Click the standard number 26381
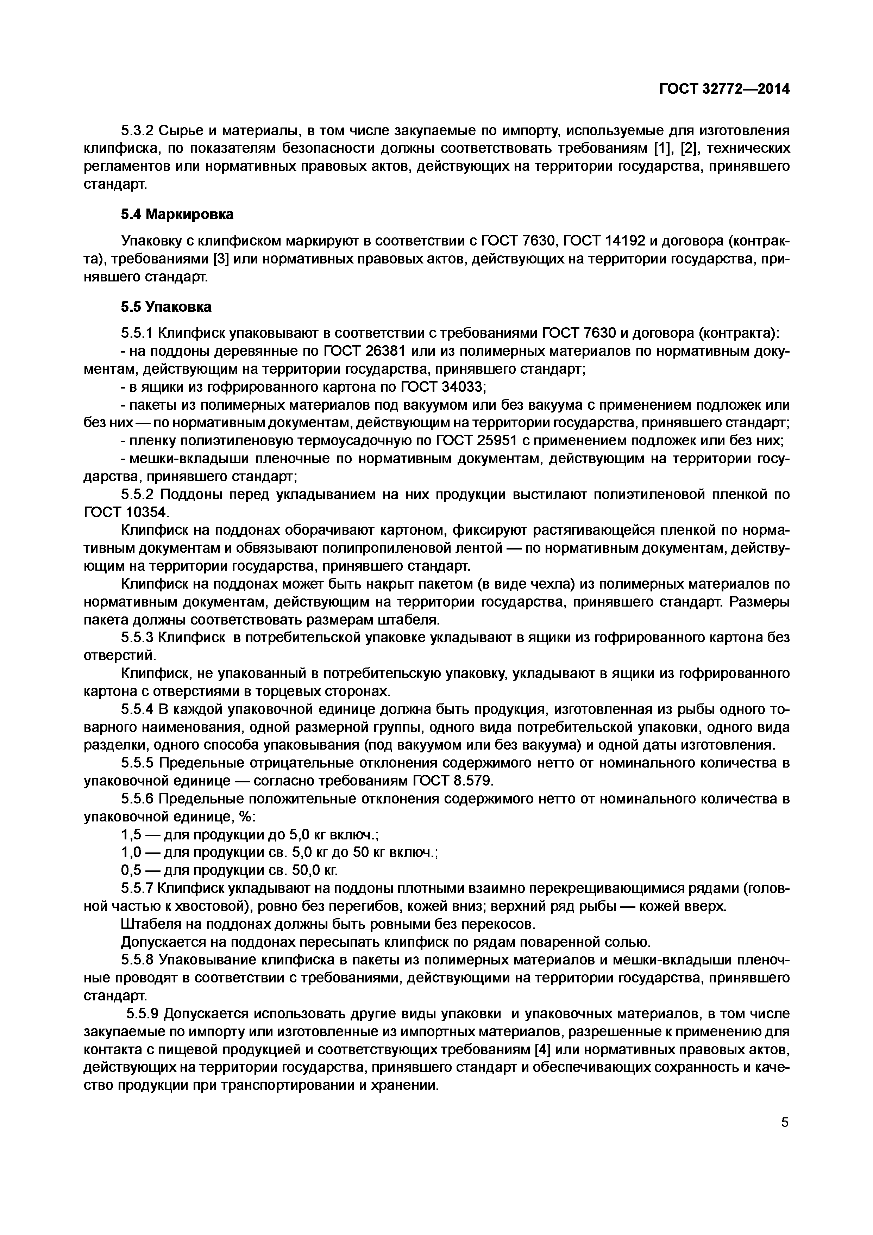[x=389, y=351]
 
